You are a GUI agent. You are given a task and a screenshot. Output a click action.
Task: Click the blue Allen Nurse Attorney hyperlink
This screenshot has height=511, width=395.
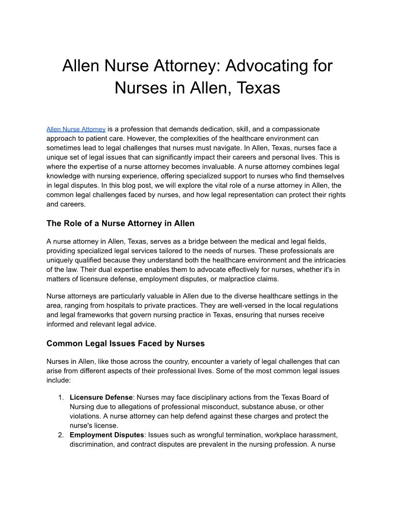76,129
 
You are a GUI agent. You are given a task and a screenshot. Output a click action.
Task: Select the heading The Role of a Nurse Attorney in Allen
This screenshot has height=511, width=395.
121,224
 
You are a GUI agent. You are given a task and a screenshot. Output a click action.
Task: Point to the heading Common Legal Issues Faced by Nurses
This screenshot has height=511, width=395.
125,344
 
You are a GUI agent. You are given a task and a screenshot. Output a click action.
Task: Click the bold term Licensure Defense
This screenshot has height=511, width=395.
101,397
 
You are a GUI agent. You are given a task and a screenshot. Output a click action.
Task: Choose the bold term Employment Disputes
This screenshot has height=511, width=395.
106,435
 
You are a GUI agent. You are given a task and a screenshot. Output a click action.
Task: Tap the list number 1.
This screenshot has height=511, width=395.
61,397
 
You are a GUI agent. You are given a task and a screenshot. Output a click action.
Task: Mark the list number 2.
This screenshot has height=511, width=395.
61,435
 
